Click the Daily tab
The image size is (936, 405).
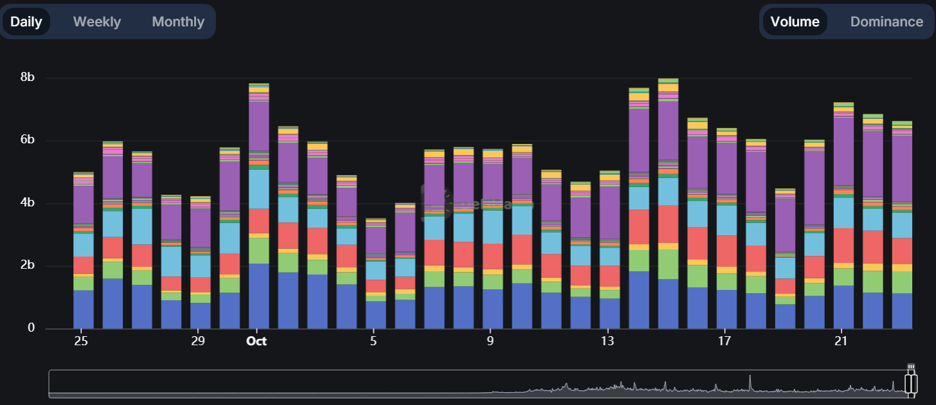(x=26, y=22)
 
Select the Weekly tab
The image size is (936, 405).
(x=97, y=22)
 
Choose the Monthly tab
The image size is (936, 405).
(x=178, y=22)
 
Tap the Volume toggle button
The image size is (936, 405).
(x=795, y=22)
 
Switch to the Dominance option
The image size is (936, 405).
(x=886, y=22)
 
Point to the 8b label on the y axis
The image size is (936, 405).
(x=28, y=77)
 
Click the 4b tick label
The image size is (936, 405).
(x=28, y=203)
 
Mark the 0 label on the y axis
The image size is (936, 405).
(x=31, y=328)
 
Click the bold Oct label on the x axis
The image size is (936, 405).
(x=256, y=341)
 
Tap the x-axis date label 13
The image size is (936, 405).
(x=606, y=341)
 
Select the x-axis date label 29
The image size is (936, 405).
(x=197, y=341)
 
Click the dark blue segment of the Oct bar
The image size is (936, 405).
(x=259, y=296)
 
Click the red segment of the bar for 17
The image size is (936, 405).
(x=726, y=251)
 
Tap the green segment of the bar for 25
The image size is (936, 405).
(x=84, y=283)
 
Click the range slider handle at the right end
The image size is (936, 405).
(x=911, y=383)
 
